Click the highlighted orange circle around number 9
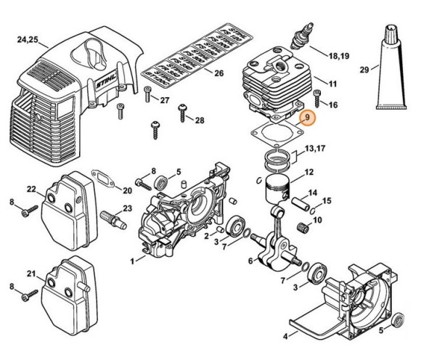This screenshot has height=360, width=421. click(307, 118)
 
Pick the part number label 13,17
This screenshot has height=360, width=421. click(315, 148)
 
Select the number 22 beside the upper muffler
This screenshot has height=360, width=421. click(30, 189)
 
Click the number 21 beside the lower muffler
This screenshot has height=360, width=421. click(30, 274)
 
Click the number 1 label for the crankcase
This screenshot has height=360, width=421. click(132, 260)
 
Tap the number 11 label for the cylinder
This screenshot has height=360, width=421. click(333, 84)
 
